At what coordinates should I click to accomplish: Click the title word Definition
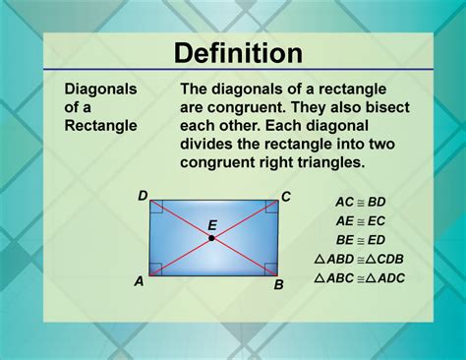232,52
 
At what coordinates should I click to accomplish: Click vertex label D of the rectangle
143,197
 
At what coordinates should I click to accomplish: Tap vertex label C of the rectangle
286,197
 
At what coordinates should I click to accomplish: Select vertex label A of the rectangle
139,281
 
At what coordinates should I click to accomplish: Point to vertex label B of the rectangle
279,285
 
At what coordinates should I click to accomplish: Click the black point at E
211,238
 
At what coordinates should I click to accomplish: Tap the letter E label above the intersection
211,224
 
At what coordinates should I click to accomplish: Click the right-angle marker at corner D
155,208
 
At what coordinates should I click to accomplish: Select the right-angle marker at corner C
271,208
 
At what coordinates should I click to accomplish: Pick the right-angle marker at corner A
155,269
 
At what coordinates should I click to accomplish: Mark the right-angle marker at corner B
271,269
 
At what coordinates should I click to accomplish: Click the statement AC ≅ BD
358,200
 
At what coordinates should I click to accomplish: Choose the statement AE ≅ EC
358,219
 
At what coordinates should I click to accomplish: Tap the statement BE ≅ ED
358,239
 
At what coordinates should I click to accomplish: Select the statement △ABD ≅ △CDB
359,259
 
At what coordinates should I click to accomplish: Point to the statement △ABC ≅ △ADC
359,278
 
